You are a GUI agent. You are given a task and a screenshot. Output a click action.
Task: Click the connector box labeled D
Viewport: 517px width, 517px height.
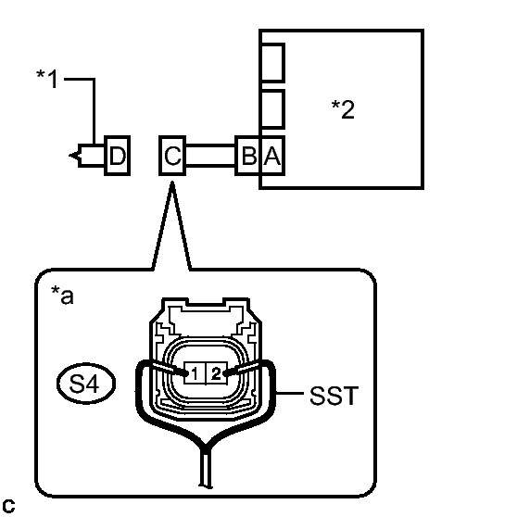click(x=118, y=156)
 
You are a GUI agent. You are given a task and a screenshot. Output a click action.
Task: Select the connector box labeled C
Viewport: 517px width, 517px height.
click(x=172, y=156)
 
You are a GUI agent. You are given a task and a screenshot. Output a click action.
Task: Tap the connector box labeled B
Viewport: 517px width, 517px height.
click(x=248, y=156)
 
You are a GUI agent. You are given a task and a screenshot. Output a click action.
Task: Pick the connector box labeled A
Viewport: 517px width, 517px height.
click(x=272, y=156)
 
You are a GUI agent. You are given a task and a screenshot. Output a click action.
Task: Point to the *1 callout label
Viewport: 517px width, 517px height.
click(x=47, y=79)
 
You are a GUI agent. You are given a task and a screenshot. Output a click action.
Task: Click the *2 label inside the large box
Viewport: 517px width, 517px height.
click(x=343, y=109)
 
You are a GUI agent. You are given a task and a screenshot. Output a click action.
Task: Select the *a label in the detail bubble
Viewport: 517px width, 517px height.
click(x=62, y=296)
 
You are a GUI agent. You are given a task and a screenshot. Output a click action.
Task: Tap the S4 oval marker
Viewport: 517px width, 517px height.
click(x=86, y=384)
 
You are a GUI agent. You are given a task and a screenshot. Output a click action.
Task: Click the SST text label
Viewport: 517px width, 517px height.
click(x=334, y=396)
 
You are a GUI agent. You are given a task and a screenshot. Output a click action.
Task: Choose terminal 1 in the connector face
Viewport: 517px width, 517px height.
click(x=195, y=373)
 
